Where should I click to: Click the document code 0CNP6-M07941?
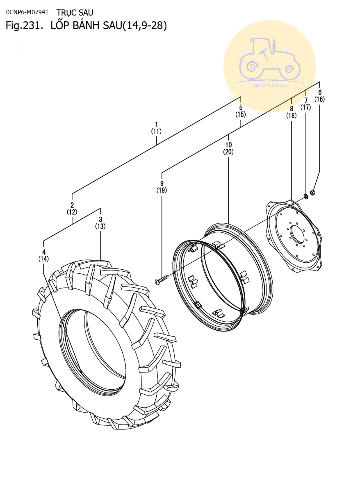[x=27, y=12]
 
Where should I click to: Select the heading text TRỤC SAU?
[x=75, y=13]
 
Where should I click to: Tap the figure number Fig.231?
[x=24, y=25]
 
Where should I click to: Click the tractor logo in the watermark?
[x=270, y=59]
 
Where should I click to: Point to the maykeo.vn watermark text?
[x=270, y=85]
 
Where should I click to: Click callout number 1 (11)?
[x=156, y=128]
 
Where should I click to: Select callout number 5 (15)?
[x=241, y=111]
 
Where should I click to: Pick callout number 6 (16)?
[x=320, y=96]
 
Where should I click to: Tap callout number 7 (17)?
[x=306, y=104]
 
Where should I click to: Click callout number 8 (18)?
[x=292, y=112]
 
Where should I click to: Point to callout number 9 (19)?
[x=162, y=187]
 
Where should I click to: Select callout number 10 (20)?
[x=228, y=148]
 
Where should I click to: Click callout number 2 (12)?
[x=72, y=209]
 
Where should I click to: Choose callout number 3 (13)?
[x=100, y=223]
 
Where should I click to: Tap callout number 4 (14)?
[x=44, y=255]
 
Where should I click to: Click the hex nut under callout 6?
[x=312, y=193]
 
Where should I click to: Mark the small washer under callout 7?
[x=305, y=197]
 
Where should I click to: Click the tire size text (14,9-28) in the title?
[x=145, y=25]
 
